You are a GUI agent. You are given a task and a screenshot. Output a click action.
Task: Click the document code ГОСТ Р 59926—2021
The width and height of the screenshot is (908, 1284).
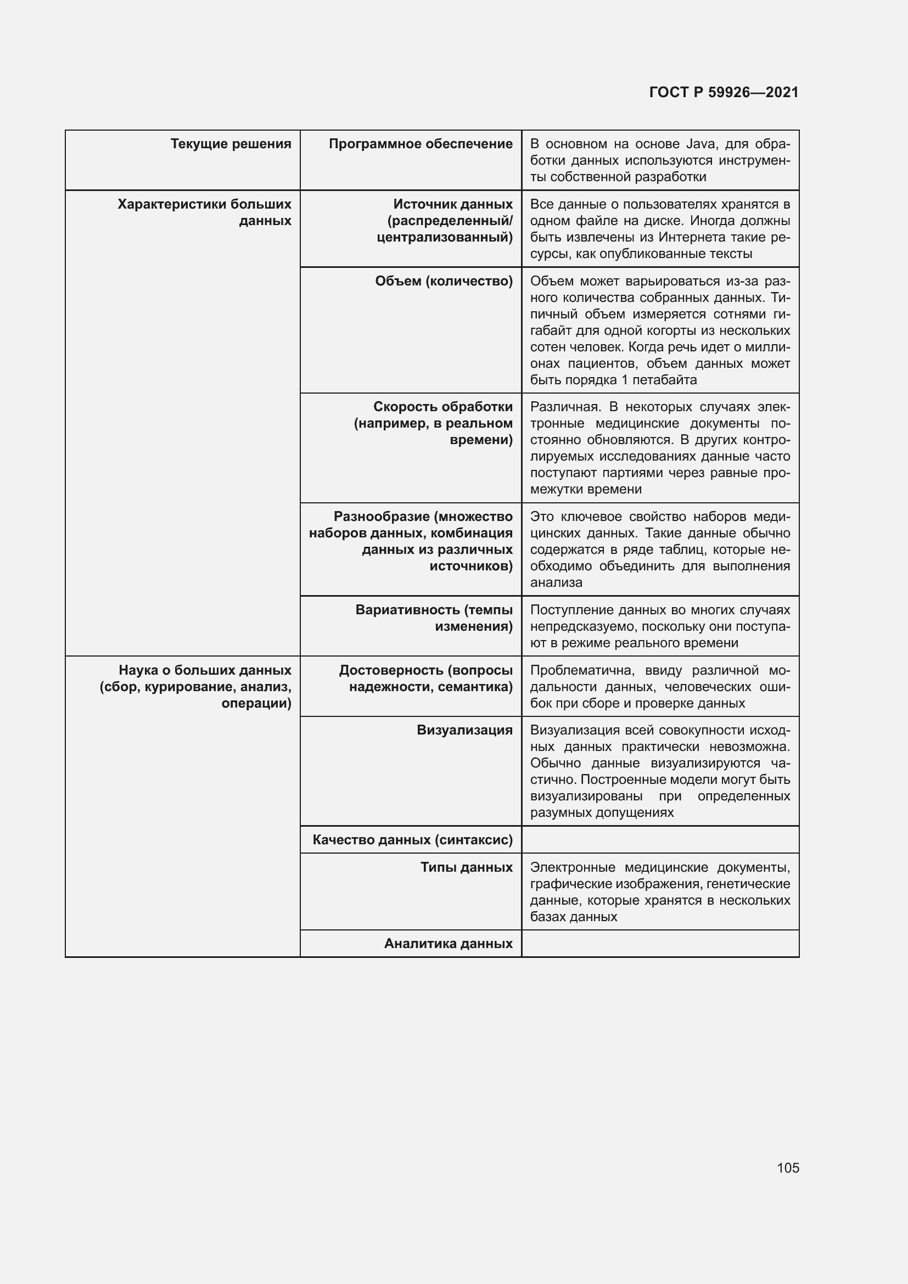click(x=724, y=92)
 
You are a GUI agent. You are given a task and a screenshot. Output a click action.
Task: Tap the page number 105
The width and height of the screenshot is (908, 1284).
click(x=787, y=1168)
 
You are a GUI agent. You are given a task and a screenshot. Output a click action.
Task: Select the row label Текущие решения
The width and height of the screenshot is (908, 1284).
click(x=231, y=144)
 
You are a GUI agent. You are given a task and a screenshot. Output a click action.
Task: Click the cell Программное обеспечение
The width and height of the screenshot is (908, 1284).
click(x=421, y=144)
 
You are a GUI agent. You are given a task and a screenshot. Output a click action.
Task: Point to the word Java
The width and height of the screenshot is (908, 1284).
click(x=700, y=144)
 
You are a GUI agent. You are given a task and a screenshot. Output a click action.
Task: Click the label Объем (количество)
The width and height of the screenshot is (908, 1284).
click(x=444, y=281)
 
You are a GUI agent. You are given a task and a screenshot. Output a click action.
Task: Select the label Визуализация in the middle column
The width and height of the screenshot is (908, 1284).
click(x=464, y=730)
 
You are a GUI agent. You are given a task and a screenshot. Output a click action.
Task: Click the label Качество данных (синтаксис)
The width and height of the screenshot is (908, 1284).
click(x=412, y=839)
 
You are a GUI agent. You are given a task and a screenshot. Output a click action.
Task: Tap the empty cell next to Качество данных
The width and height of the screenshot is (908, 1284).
click(x=660, y=839)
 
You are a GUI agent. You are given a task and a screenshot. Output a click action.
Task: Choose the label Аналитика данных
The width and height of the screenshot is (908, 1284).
click(x=448, y=944)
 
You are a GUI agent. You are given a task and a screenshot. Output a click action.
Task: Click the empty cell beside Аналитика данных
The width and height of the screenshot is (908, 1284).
click(x=660, y=944)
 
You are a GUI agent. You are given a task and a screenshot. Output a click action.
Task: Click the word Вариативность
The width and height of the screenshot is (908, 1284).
click(x=406, y=609)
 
